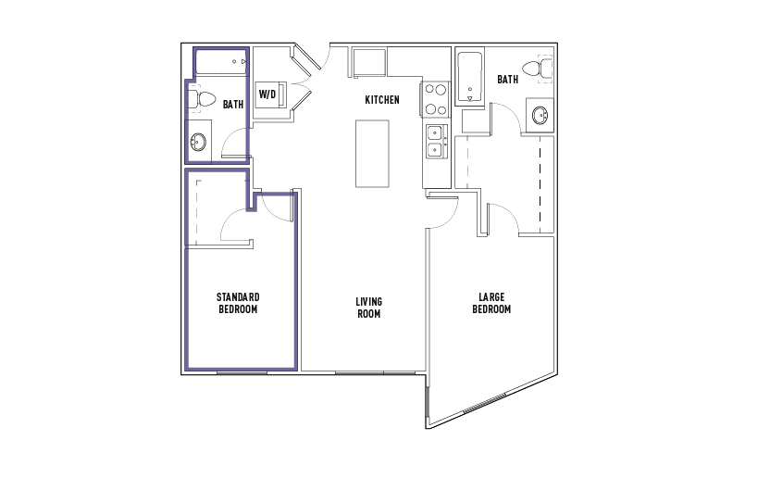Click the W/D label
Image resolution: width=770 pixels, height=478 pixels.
coord(267,94)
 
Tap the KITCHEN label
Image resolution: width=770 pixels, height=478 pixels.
coord(382,100)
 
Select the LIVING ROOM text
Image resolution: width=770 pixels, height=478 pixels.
coord(368,308)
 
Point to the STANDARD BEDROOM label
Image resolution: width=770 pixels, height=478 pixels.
coord(238,303)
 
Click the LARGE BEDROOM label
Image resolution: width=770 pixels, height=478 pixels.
coord(491,303)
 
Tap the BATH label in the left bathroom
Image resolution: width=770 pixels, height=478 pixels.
coord(233,105)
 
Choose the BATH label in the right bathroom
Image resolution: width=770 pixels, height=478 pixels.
coord(507,79)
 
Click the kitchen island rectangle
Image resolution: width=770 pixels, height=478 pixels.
coord(372,154)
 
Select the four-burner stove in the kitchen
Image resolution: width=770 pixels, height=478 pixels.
coord(435,99)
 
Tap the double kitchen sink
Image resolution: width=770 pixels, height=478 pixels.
coord(436,141)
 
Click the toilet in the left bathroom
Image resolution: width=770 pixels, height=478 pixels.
coord(202,99)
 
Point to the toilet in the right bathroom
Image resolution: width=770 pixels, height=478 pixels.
coord(537,69)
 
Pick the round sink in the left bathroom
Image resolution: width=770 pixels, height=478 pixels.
coord(198,142)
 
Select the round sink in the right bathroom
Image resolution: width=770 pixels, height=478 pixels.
coord(540,116)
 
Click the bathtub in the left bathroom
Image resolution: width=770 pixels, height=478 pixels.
coord(221,61)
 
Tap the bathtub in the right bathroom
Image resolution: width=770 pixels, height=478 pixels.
coord(470,77)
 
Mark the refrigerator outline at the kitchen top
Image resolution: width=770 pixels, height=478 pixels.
coord(369,62)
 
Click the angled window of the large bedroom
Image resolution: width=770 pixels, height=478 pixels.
coord(485,403)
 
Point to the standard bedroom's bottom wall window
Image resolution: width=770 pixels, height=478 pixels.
coord(242,372)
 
